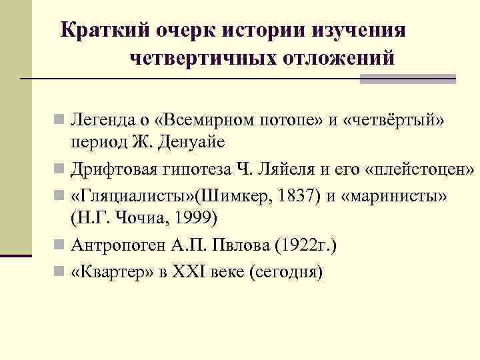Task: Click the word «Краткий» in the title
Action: coord(103,31)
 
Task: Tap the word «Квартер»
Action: coord(113,272)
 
